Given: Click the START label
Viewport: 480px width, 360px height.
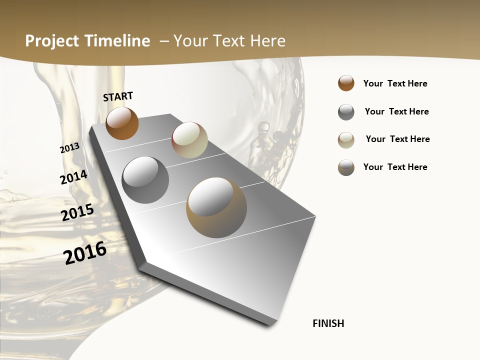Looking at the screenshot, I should point(118,96).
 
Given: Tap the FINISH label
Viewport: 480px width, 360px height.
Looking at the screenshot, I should point(328,323).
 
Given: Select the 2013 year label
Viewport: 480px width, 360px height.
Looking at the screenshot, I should point(70,148).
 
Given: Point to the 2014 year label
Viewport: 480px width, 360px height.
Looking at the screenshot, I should point(73,177).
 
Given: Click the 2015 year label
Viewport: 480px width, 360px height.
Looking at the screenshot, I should point(77,212).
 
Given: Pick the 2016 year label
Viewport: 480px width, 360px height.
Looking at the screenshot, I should point(85,252).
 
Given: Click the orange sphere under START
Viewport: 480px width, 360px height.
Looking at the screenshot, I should point(122,123).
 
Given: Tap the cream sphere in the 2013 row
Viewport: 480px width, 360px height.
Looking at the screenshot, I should point(189,140).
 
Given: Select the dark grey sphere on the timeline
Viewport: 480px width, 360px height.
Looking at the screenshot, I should point(145,180).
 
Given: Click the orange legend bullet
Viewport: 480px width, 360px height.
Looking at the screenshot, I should point(346,83).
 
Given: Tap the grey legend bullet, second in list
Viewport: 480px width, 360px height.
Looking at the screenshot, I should point(346,112).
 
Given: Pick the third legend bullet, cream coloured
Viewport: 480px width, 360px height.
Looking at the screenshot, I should point(346,140).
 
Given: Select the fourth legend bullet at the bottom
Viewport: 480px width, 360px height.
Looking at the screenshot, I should point(346,167).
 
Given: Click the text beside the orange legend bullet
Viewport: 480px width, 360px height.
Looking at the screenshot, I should point(395,83).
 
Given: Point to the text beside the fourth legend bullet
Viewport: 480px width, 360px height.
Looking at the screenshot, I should point(395,167).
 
